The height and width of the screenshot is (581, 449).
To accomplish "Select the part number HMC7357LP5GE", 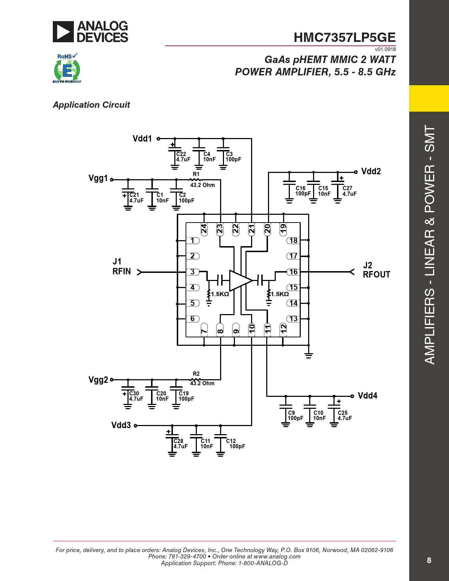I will [344, 37].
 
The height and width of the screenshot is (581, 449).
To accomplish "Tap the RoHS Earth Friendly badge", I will [67, 68].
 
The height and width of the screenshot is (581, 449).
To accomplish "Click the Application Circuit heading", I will [91, 105].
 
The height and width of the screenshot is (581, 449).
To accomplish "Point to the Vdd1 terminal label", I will [142, 139].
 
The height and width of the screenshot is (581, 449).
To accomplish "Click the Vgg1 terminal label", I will [98, 179].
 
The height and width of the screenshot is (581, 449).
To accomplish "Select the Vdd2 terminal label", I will [371, 171].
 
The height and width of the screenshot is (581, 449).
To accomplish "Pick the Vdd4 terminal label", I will [367, 396].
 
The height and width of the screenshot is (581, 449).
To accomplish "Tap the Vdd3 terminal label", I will [121, 425].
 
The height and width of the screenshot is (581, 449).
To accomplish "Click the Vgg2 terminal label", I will [98, 380].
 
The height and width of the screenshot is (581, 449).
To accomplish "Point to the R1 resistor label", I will [196, 174].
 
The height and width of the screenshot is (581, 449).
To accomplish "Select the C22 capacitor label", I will [181, 154].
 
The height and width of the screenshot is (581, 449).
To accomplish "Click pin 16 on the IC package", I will [293, 272].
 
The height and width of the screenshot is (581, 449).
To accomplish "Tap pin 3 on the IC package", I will [193, 272].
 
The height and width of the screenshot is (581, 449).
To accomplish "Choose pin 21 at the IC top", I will [251, 229].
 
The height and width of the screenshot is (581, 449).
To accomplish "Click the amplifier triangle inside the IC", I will [239, 281].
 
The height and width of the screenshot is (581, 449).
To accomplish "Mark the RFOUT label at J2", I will [376, 275].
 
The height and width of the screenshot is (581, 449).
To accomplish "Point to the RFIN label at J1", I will [121, 271].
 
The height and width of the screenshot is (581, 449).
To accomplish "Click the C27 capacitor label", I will [347, 188].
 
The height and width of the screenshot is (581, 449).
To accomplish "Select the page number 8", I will [429, 560].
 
